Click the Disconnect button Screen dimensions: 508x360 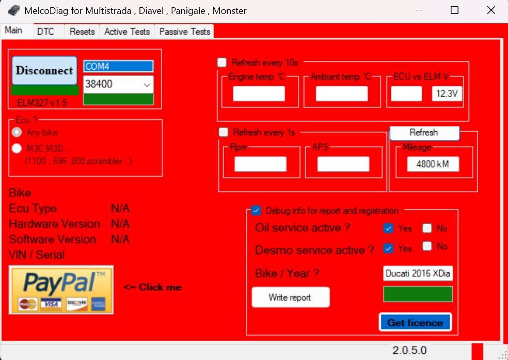[x=44, y=71]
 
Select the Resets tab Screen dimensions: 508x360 [x=82, y=32]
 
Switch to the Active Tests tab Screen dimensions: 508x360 [x=127, y=32]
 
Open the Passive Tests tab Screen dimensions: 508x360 [x=184, y=32]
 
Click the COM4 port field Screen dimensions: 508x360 [x=118, y=67]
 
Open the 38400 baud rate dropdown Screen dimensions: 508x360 [x=118, y=84]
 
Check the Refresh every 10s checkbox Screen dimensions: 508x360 [x=222, y=62]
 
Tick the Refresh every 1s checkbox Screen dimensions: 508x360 [x=223, y=132]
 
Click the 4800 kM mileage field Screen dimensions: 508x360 [x=433, y=164]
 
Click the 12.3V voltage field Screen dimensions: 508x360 [x=447, y=94]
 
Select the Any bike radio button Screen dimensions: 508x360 [x=17, y=132]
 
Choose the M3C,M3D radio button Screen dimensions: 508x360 [x=17, y=148]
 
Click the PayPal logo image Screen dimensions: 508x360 [x=61, y=290]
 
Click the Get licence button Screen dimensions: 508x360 [x=415, y=322]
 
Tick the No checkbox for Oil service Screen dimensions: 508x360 [x=427, y=228]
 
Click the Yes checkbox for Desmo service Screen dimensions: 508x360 [x=388, y=248]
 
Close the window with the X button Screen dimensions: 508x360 [x=491, y=10]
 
